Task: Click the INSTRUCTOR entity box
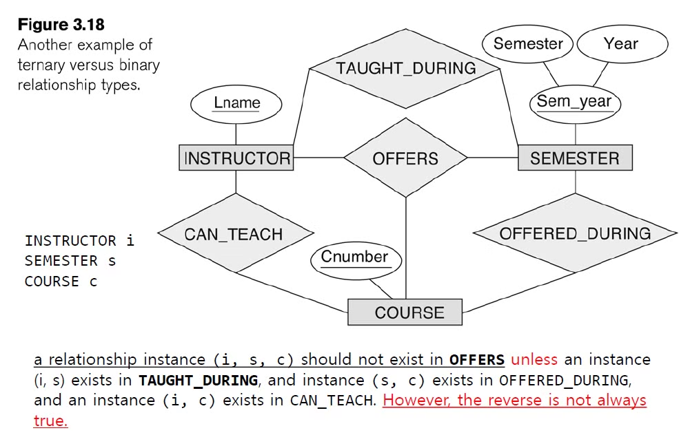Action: point(236,158)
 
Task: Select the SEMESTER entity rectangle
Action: point(575,158)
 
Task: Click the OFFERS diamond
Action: point(405,158)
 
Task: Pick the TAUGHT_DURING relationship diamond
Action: point(405,68)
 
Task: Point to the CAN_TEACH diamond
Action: point(234,234)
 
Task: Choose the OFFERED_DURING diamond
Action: point(575,234)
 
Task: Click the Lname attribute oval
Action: point(236,103)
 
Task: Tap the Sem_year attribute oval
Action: point(575,102)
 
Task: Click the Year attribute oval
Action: point(621,44)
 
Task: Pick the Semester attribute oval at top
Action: point(528,44)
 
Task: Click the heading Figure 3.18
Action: point(61,25)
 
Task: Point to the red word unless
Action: point(534,359)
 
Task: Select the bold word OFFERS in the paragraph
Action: point(476,360)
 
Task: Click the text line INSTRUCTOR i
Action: point(79,241)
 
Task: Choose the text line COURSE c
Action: point(61,282)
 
